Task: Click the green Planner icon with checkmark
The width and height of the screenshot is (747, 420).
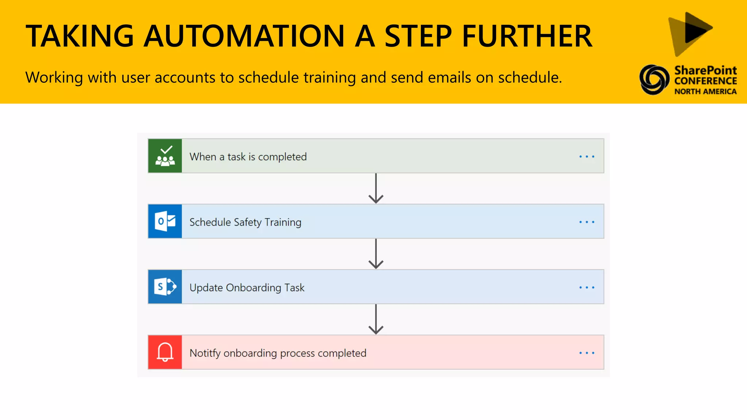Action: (165, 156)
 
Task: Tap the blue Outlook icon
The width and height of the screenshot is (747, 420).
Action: (165, 221)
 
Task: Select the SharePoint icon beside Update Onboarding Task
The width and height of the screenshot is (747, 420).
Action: (165, 287)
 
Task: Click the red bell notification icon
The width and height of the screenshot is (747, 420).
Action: (165, 352)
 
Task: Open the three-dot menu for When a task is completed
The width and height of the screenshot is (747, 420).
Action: (587, 157)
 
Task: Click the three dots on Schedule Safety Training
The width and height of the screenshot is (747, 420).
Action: (587, 222)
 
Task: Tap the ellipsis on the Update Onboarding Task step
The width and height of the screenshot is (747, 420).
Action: (587, 288)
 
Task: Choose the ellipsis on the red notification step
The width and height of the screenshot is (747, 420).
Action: (587, 353)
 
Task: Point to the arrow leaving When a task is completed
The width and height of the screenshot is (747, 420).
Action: (376, 188)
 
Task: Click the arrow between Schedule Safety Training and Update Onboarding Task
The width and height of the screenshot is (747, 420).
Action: (376, 254)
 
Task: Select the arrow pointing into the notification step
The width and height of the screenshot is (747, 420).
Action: (376, 319)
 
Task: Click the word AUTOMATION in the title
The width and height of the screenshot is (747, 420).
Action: (244, 36)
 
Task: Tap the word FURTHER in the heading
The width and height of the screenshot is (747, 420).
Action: (527, 36)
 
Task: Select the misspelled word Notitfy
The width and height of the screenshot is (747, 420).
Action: (205, 353)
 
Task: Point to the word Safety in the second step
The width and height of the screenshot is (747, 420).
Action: (248, 222)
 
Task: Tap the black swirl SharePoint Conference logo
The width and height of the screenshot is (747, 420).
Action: (654, 79)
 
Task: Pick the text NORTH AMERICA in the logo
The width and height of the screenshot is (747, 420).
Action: (705, 92)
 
